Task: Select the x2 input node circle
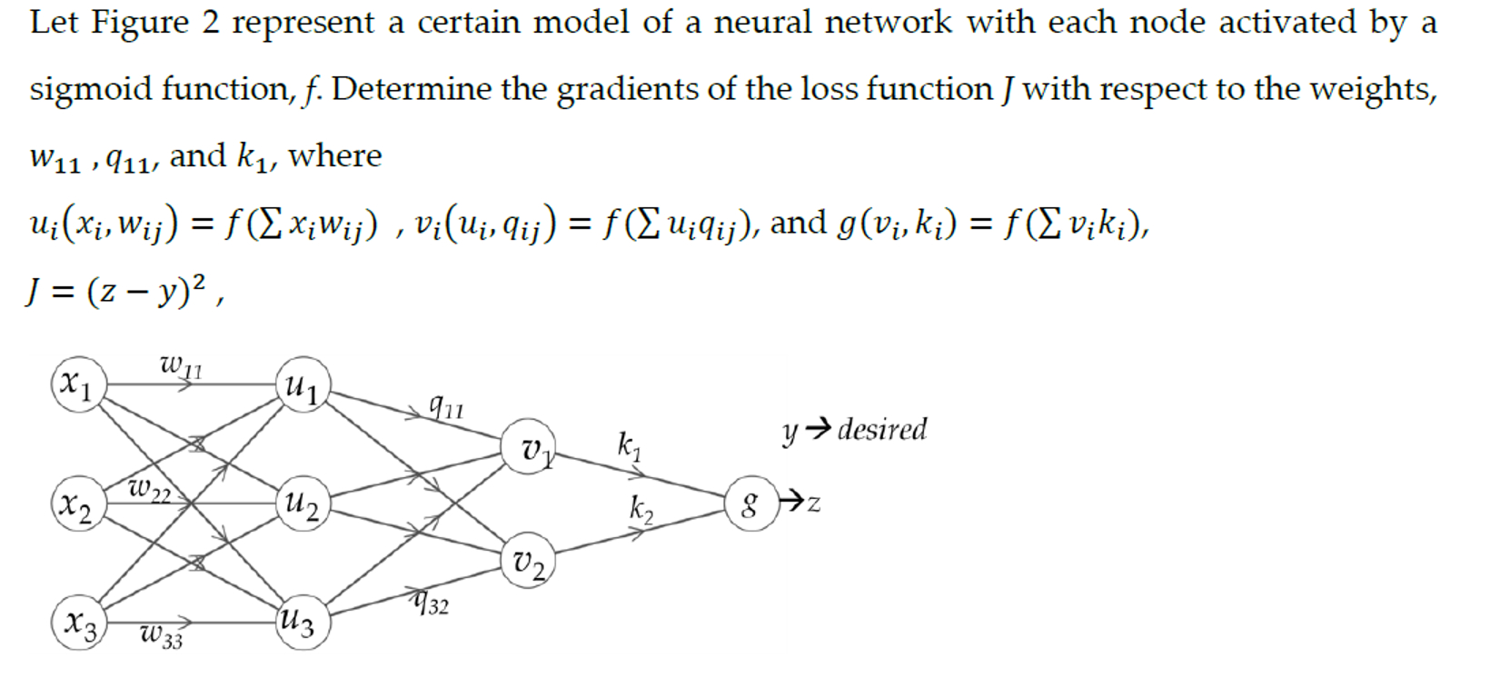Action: tap(77, 504)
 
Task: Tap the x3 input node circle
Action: tap(79, 623)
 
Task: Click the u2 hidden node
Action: tap(303, 503)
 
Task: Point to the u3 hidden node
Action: tap(301, 623)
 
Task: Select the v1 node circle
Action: tap(530, 447)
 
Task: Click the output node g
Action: tap(750, 503)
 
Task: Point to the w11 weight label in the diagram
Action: tap(181, 365)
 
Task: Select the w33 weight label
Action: tap(162, 636)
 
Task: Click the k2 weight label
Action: tap(641, 509)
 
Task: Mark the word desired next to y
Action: tap(881, 429)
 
